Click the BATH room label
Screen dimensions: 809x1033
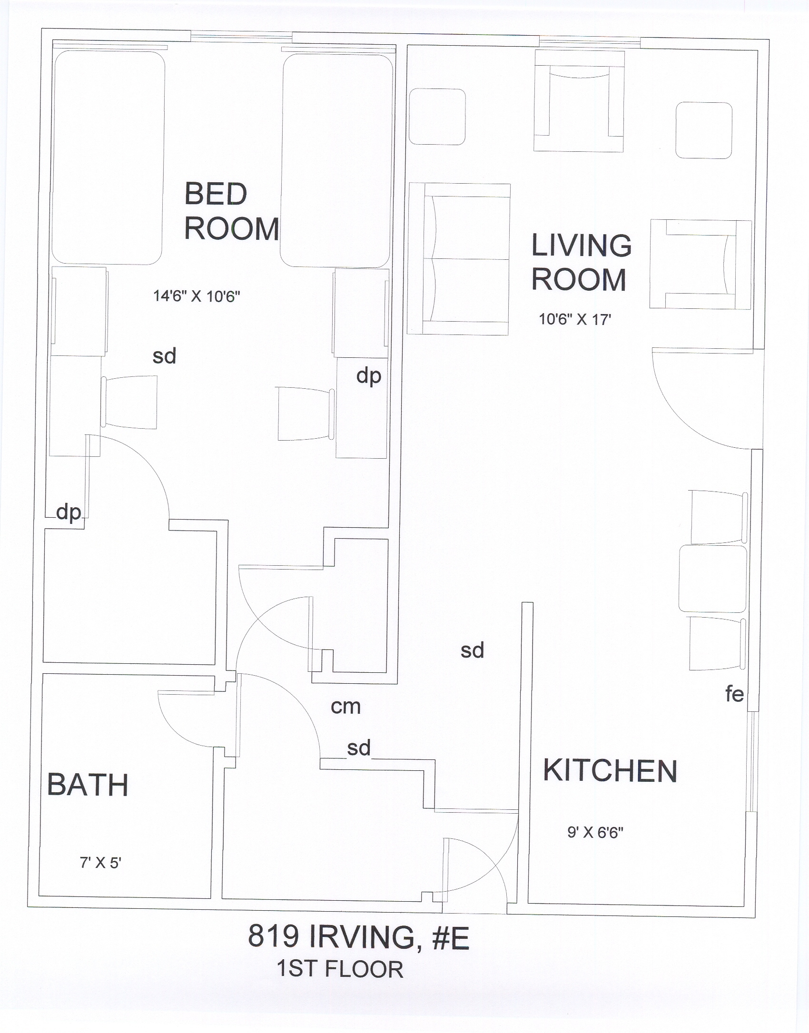tap(88, 785)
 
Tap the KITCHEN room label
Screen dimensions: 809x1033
tap(610, 771)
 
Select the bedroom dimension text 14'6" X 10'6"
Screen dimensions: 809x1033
tap(197, 296)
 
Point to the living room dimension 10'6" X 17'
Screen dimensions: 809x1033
tap(575, 319)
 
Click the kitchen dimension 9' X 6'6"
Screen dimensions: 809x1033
tap(595, 832)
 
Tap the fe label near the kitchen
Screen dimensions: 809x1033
tap(734, 694)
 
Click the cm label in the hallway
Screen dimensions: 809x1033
tap(346, 707)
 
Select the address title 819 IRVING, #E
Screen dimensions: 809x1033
tap(358, 936)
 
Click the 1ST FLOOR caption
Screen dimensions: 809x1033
tap(340, 969)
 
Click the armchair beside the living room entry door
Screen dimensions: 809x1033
tap(701, 264)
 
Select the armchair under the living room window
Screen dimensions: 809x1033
tap(579, 101)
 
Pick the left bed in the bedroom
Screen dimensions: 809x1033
tap(108, 157)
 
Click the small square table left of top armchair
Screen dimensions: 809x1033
tap(437, 117)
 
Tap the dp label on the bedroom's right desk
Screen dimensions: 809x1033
tap(369, 376)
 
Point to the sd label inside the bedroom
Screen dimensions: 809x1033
tap(164, 356)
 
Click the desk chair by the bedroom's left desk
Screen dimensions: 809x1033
tap(129, 402)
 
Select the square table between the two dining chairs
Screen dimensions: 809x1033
tap(712, 579)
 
